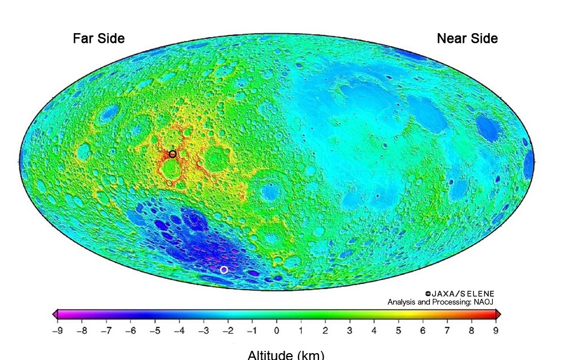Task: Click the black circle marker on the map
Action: click(173, 154)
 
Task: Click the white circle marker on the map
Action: click(224, 270)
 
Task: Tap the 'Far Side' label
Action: click(98, 38)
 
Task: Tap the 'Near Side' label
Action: click(467, 38)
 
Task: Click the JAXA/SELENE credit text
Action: click(460, 294)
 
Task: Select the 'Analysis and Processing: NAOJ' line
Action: click(440, 302)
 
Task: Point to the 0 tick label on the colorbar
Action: click(277, 330)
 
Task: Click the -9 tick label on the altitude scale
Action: click(57, 330)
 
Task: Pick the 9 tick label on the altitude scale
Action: click(496, 330)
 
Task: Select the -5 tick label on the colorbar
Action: click(154, 330)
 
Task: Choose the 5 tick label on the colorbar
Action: click(398, 330)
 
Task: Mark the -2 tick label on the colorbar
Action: click(228, 330)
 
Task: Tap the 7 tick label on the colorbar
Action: click(447, 330)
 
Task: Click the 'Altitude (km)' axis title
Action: click(286, 354)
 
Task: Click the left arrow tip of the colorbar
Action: click(54, 314)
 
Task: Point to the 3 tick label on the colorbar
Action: click(350, 330)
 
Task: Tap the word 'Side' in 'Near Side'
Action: click(484, 38)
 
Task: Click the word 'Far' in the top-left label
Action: click(83, 38)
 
